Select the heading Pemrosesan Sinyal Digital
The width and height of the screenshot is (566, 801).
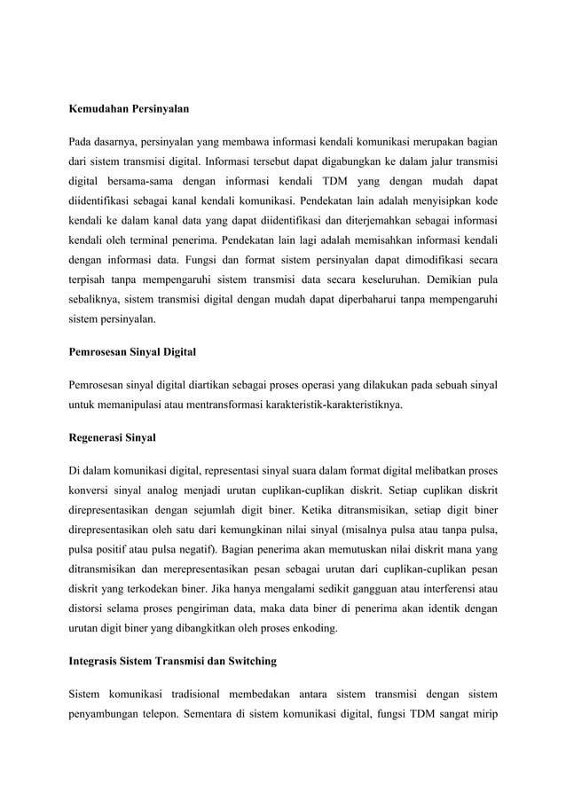(x=132, y=352)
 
